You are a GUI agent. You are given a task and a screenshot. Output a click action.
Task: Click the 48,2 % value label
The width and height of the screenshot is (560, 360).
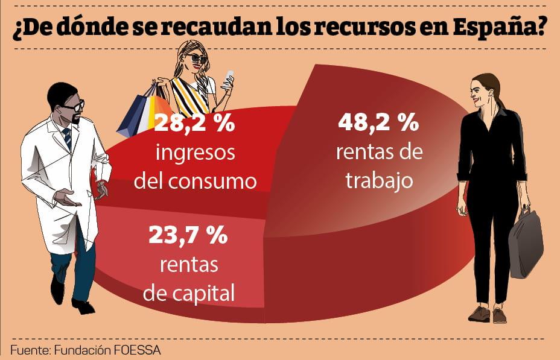click(377, 124)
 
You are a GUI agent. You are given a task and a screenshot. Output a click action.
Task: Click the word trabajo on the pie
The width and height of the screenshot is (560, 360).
click(379, 180)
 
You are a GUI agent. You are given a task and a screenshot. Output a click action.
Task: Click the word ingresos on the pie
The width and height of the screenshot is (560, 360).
click(194, 153)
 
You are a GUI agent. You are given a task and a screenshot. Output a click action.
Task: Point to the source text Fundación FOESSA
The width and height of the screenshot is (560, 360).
click(108, 349)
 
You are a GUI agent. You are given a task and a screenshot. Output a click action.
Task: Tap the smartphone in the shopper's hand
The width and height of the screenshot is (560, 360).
click(229, 79)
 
